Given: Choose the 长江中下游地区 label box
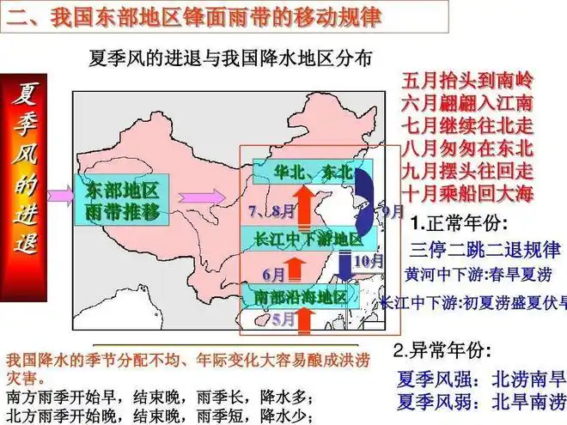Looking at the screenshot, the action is (x=308, y=238).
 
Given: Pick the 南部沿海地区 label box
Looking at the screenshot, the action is (x=300, y=297).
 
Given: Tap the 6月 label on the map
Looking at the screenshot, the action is (x=273, y=275).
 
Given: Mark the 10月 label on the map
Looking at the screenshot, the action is (x=368, y=259).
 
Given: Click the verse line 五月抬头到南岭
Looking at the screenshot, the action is (x=467, y=82).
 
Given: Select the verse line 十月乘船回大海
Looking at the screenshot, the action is (x=467, y=191).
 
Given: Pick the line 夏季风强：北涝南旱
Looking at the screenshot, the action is (x=481, y=379).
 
